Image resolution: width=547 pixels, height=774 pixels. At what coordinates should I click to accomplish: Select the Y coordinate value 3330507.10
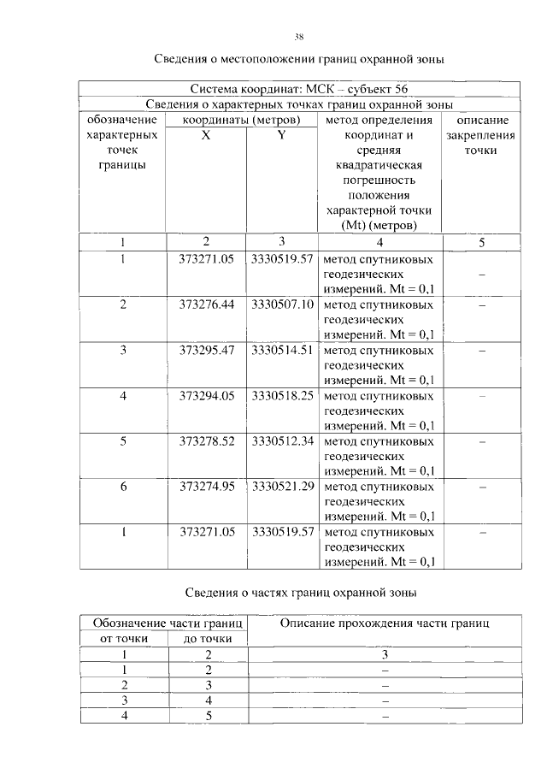point(283,305)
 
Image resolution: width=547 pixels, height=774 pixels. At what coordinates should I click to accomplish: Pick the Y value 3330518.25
point(283,396)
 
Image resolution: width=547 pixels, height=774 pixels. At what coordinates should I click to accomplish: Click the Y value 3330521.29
point(283,487)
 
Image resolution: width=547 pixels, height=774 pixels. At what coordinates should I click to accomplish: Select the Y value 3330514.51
point(283,351)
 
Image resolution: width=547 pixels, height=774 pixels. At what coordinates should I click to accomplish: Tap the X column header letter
point(206,135)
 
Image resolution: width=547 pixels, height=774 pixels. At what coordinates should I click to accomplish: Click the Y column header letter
point(281,135)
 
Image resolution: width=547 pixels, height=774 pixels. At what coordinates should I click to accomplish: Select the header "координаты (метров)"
point(241,120)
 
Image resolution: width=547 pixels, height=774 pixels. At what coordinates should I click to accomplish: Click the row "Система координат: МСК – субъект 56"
point(299,89)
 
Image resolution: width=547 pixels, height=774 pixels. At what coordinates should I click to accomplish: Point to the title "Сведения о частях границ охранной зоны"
point(301,592)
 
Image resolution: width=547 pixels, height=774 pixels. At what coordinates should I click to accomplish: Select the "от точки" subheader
point(125,639)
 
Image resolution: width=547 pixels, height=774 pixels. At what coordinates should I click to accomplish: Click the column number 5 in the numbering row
point(481,242)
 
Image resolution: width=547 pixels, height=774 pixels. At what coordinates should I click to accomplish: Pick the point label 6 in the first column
point(123,487)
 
